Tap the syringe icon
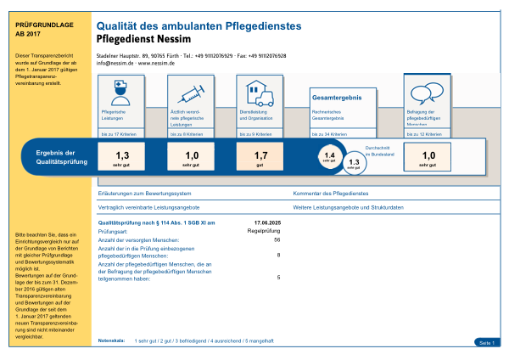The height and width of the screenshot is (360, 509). (187, 89)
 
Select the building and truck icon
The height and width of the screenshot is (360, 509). (258, 89)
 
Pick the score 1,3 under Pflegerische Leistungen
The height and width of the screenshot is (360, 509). (122, 155)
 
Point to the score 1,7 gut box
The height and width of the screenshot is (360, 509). (261, 155)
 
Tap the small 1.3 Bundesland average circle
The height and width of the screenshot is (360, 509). (355, 163)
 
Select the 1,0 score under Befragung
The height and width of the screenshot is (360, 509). (428, 155)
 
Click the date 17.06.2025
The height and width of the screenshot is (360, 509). (266, 222)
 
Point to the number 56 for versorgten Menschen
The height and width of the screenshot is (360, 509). (277, 239)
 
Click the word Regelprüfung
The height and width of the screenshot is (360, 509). (263, 229)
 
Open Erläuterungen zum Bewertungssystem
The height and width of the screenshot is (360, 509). (141, 194)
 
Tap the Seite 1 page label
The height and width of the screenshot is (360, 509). (486, 341)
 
